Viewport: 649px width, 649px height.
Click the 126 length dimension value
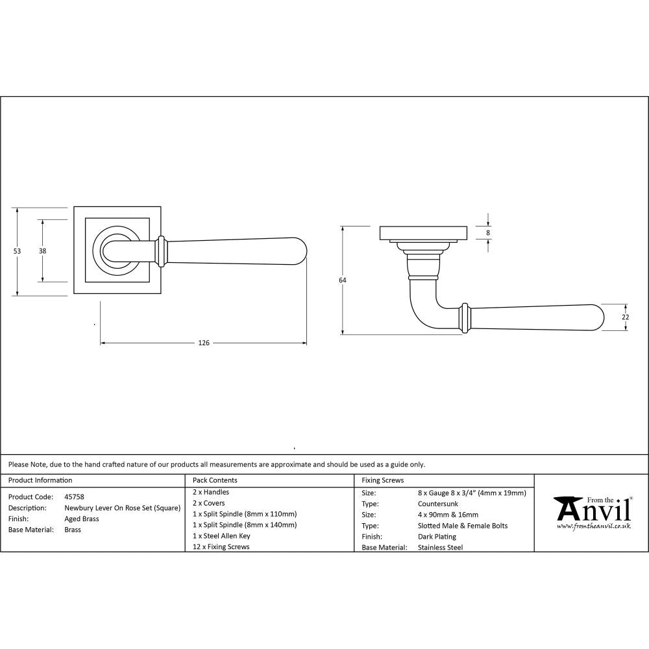204,343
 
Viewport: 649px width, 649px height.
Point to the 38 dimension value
42,251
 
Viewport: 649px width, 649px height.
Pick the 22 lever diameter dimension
626,317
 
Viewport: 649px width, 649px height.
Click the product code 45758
74,496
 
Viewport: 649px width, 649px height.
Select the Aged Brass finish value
82,519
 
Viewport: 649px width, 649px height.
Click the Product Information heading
40,480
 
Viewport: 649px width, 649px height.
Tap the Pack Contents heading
215,480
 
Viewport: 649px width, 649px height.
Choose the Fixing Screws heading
383,480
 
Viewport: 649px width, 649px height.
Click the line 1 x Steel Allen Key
221,536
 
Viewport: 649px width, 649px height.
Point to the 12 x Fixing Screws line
221,547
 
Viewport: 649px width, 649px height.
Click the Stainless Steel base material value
441,548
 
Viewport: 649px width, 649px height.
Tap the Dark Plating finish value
437,537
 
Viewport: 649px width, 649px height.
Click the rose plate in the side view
422,232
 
